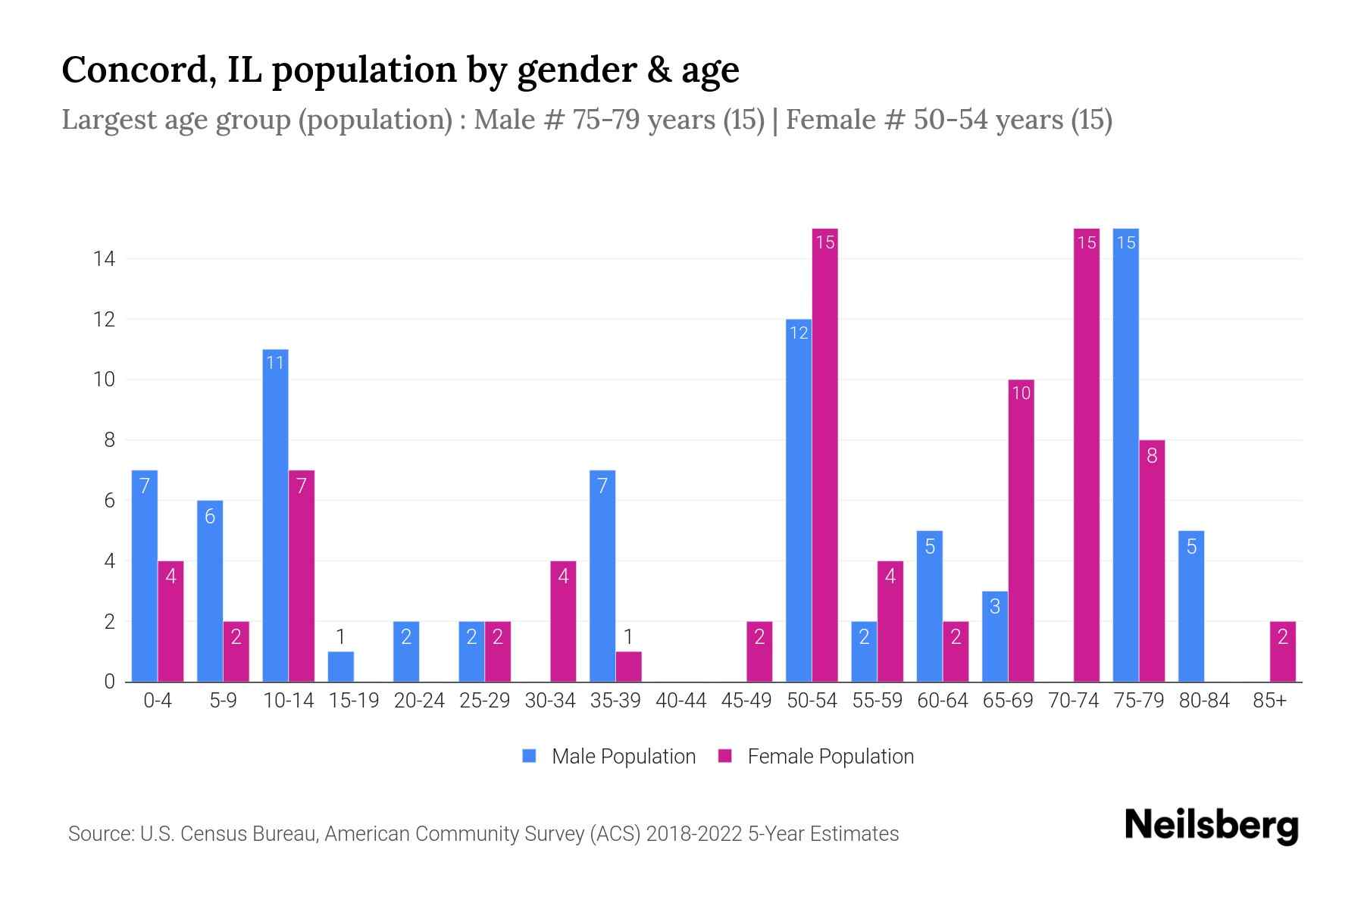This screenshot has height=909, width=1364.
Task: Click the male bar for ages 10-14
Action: coord(275,515)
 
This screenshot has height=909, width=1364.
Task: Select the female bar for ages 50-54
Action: coord(824,454)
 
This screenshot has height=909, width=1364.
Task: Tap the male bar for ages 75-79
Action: coord(1125,454)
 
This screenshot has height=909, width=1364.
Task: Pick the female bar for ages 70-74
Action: coord(1086,454)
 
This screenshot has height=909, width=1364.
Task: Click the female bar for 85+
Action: coord(1282,651)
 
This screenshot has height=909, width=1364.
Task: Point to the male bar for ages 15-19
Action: coord(341,667)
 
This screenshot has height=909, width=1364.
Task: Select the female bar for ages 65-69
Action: coord(1021,530)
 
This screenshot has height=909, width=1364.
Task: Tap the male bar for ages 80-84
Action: coord(1191,606)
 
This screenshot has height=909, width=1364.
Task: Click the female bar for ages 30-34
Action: coord(563,621)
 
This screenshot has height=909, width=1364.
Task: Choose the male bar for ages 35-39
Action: coord(602,576)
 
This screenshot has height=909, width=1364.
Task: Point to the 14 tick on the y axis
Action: coord(104,259)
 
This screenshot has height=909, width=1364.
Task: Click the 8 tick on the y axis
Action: coord(109,440)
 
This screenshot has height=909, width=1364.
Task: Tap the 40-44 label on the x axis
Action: coord(680,701)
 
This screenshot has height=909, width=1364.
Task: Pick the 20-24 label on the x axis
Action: coord(419,701)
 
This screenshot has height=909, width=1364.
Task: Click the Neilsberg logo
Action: coord(1211,826)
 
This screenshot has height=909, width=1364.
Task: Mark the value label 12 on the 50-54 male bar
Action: coord(799,333)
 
